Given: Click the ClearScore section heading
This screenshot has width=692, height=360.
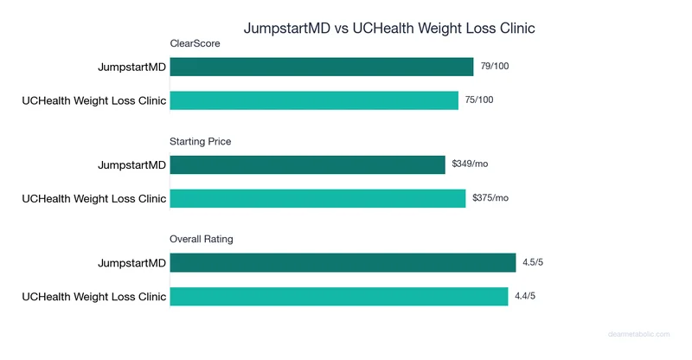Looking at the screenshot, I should [x=194, y=43].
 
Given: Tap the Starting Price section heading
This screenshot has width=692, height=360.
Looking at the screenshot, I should [x=200, y=141].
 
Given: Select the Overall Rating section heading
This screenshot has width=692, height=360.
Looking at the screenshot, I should [x=202, y=239].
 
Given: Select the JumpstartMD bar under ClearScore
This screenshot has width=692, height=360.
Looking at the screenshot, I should [x=321, y=67].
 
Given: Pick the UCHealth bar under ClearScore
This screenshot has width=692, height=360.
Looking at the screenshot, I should [x=314, y=100].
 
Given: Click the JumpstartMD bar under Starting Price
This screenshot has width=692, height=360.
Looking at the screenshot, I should [x=307, y=164].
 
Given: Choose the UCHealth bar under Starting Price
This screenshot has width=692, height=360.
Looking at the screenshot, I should [x=317, y=198].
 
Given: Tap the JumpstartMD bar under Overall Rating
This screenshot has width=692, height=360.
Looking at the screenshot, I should [x=343, y=262].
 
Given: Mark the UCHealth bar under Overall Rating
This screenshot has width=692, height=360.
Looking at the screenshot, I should [x=338, y=296].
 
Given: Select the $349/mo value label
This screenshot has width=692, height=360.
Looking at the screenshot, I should [x=471, y=164].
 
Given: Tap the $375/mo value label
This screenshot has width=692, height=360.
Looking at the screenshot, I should [x=490, y=198].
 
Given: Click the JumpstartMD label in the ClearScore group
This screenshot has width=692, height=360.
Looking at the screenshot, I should [x=131, y=67].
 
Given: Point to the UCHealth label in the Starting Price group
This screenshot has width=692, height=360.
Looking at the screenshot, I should [x=93, y=198].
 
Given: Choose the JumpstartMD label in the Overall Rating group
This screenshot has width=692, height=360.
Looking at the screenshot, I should [x=131, y=262].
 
